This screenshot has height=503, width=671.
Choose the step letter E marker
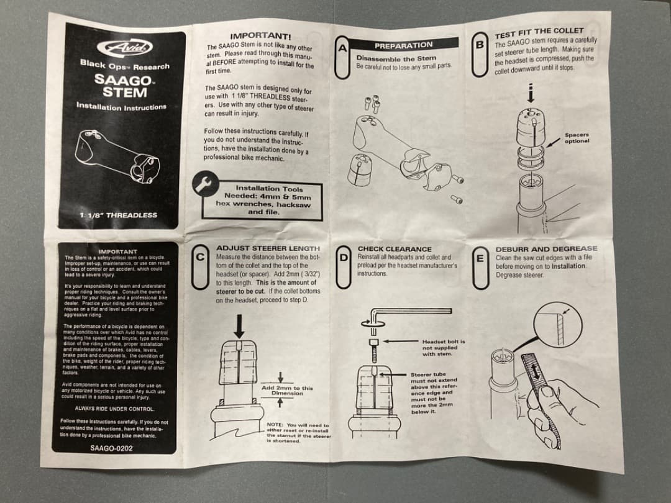[480, 270]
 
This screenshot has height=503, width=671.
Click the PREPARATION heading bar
[403, 45]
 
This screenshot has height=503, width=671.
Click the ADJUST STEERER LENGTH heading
[268, 248]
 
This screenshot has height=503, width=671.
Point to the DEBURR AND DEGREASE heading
[546, 249]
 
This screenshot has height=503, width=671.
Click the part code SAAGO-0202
[111, 447]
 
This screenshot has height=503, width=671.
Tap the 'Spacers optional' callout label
[577, 137]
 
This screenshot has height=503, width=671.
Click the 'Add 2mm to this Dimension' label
[288, 391]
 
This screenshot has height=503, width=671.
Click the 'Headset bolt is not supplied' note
[443, 348]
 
